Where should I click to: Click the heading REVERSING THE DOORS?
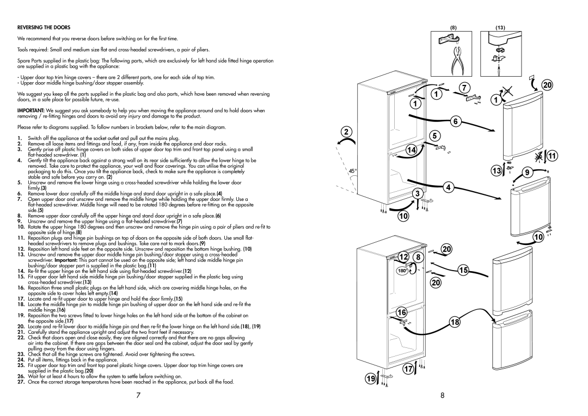44,27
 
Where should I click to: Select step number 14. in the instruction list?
21,271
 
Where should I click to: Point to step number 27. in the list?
21,382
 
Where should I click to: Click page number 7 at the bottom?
138,395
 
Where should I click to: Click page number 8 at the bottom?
443,395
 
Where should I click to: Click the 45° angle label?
352,171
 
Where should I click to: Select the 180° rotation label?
402,271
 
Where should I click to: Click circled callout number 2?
346,132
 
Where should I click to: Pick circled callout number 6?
456,121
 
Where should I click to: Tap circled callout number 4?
449,187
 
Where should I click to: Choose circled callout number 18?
455,322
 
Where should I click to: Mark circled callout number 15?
464,270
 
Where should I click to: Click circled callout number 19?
371,379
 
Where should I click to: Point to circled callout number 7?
464,88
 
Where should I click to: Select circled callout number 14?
412,150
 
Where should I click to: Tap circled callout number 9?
528,172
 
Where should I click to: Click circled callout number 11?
553,156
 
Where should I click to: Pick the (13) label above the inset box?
500,28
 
